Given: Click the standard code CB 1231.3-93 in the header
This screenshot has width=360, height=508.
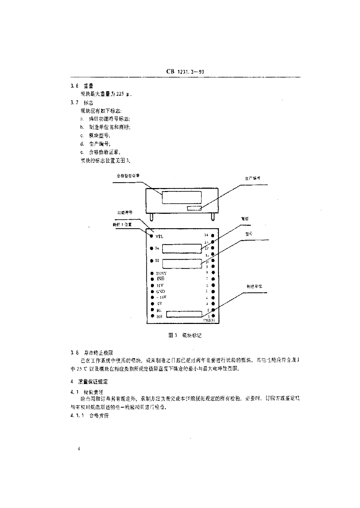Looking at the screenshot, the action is coord(185,71).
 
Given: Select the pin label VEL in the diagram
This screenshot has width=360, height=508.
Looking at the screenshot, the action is coord(159,236).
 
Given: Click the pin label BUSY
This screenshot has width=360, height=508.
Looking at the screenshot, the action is coord(161,273).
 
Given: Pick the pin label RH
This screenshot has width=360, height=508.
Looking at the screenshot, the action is coord(158,316).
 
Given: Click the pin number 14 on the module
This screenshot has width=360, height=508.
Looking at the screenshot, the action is coord(206,235).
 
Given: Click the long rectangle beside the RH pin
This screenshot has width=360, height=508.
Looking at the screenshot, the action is coord(184,314).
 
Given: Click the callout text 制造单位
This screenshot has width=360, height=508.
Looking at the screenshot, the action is coord(254,286).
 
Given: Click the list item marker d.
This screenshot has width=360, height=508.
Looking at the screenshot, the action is coord(81,144).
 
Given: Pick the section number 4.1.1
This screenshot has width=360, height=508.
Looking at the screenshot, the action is coord(77,415).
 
